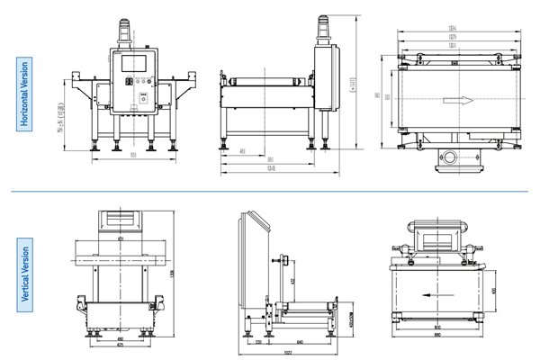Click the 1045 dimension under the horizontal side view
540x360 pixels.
pos(271,168)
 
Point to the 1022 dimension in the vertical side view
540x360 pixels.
pos(288,352)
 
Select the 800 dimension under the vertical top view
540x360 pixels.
pos(436,327)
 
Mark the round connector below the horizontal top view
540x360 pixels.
pos(448,160)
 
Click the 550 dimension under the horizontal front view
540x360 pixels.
pos(132,156)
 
